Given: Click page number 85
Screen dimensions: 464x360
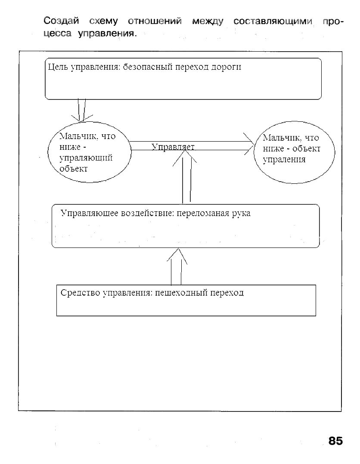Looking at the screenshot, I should pos(335,441).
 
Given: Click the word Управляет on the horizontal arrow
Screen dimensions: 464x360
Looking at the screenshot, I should pos(173,147).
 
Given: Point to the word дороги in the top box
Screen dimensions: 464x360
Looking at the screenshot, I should pos(226,67).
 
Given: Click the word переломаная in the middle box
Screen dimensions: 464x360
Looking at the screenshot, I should pos(203,213).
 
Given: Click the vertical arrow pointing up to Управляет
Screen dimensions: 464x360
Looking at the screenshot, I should pos(186,179).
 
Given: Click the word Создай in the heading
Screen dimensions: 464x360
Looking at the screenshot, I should pos(61,21).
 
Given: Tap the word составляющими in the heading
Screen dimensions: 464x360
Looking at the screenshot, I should pos(273,21).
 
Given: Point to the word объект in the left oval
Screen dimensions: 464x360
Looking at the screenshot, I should pos(74,168).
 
